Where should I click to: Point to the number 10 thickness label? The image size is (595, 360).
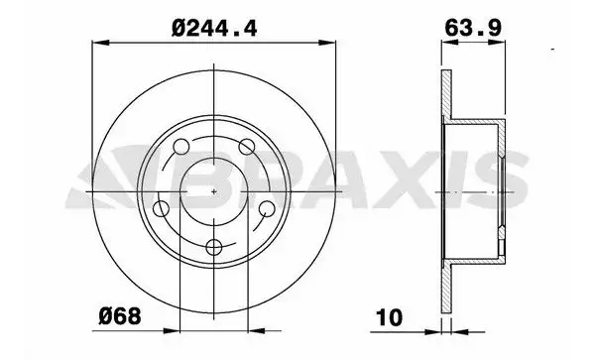coord(392,320)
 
